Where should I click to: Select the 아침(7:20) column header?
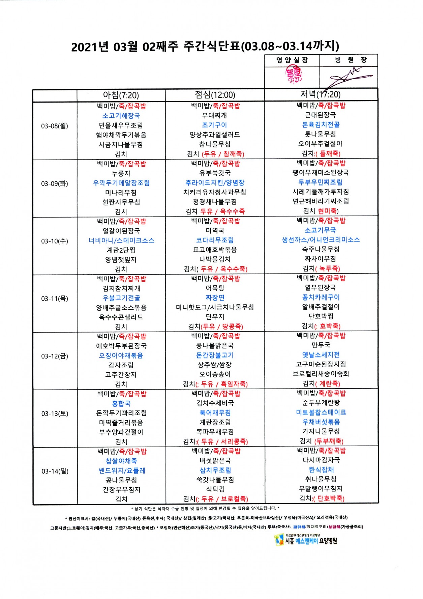coord(121,95)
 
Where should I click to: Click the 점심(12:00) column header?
coord(215,95)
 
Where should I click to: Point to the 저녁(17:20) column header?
coord(321,94)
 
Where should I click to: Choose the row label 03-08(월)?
coord(55,126)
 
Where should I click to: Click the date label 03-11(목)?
coord(55,299)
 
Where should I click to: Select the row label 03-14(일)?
coord(55,471)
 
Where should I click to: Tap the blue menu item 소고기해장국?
coord(121,116)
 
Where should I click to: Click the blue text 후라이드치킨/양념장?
coord(215,182)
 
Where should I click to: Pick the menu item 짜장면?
coord(215,297)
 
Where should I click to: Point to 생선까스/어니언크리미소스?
coord(321,240)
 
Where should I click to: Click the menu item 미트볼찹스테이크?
coord(321,412)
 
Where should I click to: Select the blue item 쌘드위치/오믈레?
coord(122,470)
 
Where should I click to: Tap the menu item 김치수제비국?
coord(215,403)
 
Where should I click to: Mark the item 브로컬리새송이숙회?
coord(321,374)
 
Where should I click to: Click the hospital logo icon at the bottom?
coord(279,540)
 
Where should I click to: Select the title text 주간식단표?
coord(212,46)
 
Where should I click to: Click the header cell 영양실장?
coord(292,60)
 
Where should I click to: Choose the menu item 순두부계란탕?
coord(321,403)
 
